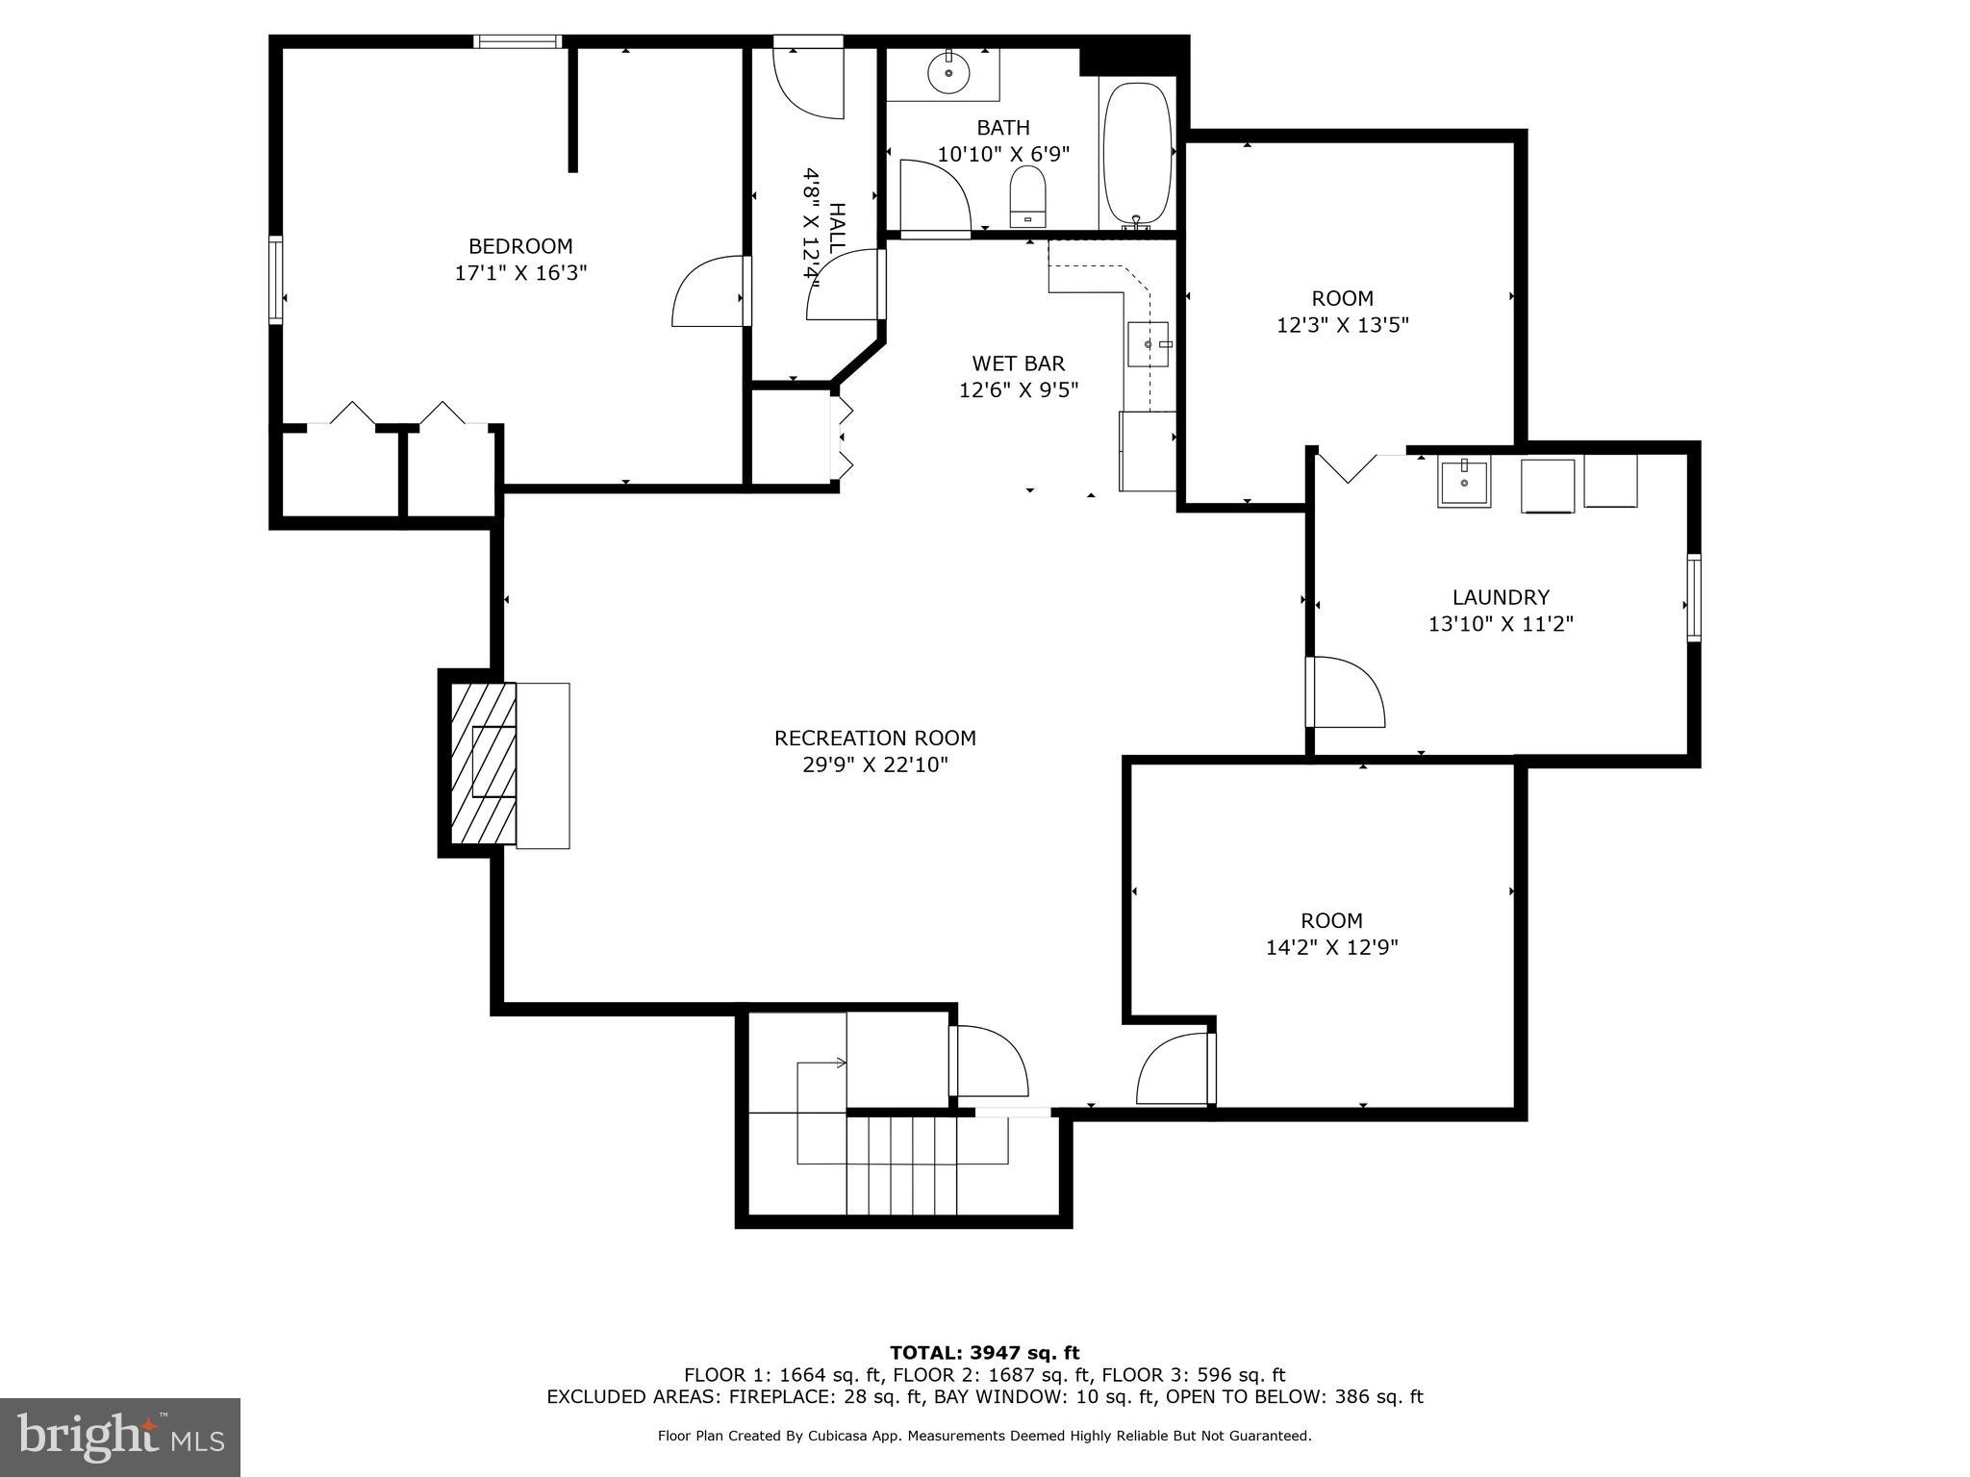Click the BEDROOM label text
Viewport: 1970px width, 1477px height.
click(520, 246)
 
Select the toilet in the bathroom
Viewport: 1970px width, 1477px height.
click(1027, 196)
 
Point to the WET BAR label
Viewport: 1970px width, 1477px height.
click(1018, 363)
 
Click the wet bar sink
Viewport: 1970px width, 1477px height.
click(1149, 344)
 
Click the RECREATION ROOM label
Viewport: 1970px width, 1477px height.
click(874, 738)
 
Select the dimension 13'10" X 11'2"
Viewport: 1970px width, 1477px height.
click(1501, 624)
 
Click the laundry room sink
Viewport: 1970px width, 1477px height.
click(1463, 482)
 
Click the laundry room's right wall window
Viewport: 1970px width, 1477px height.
click(1694, 597)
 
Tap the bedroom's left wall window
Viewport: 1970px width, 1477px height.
click(276, 279)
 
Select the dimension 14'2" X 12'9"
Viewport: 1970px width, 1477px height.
click(1331, 947)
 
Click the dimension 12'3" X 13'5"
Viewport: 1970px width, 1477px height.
click(1342, 325)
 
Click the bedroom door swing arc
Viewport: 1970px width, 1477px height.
click(707, 291)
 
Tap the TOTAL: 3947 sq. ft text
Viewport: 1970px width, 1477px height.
click(984, 1353)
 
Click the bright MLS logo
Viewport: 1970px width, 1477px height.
click(119, 1437)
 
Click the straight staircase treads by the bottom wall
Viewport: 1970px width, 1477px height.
click(901, 1164)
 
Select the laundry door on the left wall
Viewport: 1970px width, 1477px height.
click(1345, 691)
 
